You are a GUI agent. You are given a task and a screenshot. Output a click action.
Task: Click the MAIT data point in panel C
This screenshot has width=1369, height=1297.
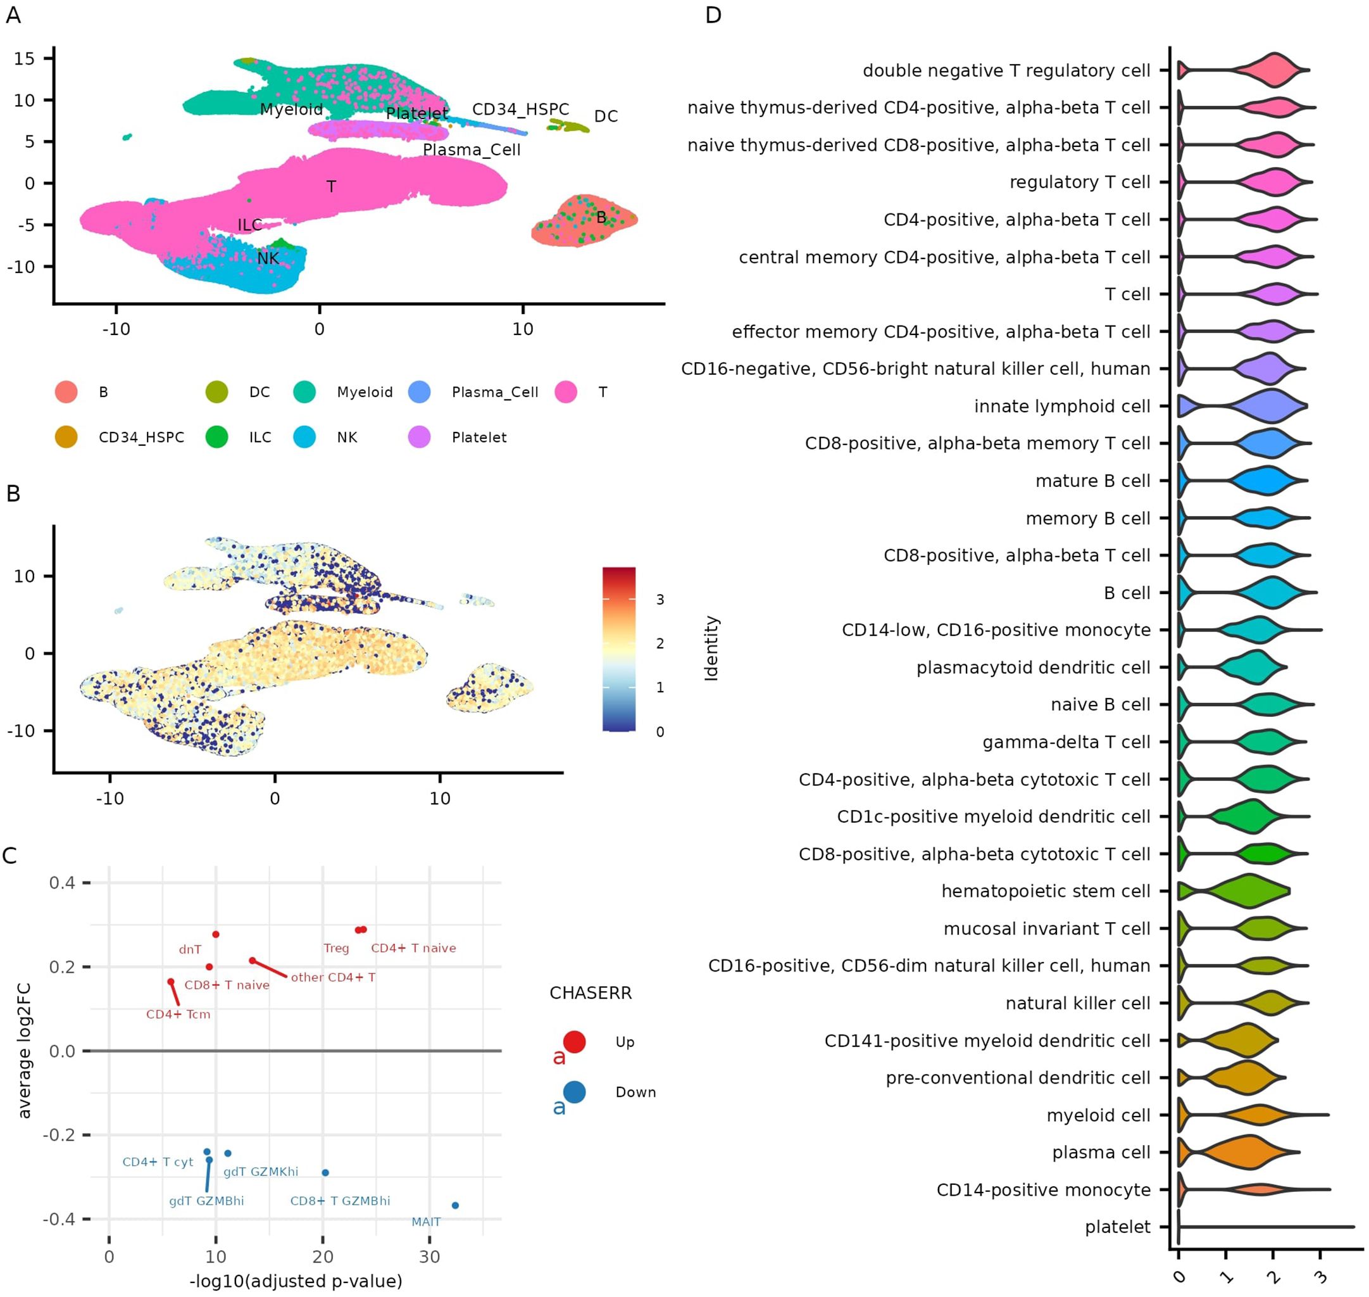[x=454, y=1206]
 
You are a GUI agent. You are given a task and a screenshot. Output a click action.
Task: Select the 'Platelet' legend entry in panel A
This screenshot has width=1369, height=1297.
[x=478, y=438]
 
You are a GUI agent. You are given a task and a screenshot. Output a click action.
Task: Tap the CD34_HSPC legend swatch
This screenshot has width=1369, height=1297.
[x=66, y=438]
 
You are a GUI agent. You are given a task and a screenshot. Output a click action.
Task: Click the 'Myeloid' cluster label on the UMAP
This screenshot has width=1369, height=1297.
[x=291, y=109]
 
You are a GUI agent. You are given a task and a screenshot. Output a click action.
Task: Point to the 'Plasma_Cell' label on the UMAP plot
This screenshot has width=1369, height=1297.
[x=472, y=150]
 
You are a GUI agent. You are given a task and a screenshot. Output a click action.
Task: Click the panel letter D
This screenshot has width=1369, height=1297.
[x=713, y=15]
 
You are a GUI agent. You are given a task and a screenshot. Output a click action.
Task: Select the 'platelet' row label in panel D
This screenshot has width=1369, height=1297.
[x=1118, y=1227]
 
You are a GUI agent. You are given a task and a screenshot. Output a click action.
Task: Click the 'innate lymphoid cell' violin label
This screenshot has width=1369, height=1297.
[x=1061, y=407]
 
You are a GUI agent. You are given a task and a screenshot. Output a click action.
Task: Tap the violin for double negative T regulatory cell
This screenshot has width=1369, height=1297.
[x=1271, y=70]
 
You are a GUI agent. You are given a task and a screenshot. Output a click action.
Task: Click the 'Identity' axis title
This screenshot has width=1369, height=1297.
[x=712, y=648]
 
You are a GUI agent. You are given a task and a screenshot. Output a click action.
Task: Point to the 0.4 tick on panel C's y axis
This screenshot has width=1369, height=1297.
[x=62, y=883]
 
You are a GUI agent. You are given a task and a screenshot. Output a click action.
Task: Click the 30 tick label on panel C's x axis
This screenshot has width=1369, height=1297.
[x=429, y=1258]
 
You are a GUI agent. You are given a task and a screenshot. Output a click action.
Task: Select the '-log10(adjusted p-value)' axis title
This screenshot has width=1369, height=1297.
[x=296, y=1281]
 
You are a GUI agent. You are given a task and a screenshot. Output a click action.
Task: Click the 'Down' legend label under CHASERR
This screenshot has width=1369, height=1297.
[x=635, y=1092]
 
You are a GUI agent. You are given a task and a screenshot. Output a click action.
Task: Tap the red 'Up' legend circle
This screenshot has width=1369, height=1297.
[x=574, y=1042]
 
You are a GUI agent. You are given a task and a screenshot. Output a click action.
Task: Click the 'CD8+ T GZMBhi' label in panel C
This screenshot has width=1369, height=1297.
[x=340, y=1201]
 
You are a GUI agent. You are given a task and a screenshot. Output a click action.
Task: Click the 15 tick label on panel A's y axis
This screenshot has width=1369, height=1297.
[x=24, y=59]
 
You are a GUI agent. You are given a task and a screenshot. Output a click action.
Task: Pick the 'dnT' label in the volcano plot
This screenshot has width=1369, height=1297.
[x=190, y=950]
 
